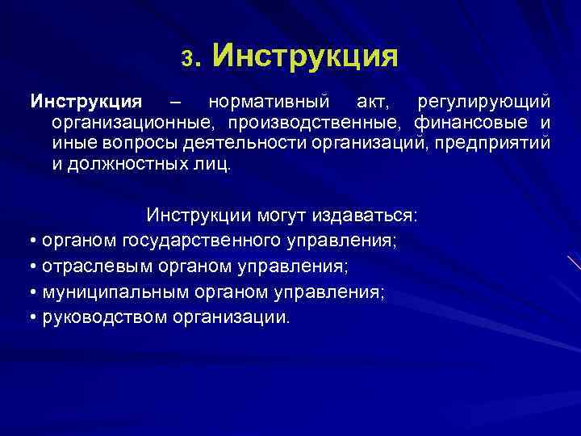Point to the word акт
pyautogui.click(x=368, y=103)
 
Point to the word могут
pyautogui.click(x=282, y=216)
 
